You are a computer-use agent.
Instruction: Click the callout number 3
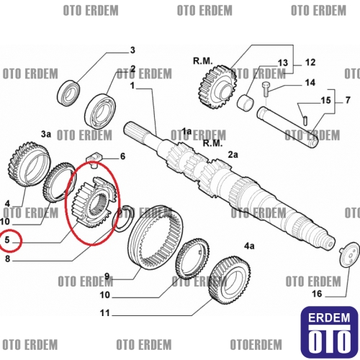[132, 50]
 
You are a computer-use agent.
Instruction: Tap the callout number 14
[310, 83]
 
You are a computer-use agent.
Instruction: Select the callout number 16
[317, 294]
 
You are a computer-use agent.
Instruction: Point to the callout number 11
[104, 313]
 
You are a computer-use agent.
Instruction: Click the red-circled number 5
[7, 240]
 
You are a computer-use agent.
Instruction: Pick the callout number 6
[122, 156]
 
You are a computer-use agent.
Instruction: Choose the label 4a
[249, 246]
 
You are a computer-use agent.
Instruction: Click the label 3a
[46, 134]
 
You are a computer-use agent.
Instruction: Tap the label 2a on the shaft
[233, 155]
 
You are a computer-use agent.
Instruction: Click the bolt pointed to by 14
[266, 89]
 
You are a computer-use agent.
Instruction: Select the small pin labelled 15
[305, 120]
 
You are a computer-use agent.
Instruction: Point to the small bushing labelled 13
[246, 103]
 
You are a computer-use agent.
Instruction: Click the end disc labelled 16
[350, 254]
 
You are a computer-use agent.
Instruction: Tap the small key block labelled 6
[94, 159]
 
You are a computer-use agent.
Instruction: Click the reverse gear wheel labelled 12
[217, 87]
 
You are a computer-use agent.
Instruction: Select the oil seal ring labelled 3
[69, 94]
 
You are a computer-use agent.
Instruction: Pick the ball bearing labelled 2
[100, 109]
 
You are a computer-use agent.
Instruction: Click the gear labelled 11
[230, 279]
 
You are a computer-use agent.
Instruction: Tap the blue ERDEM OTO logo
[329, 332]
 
